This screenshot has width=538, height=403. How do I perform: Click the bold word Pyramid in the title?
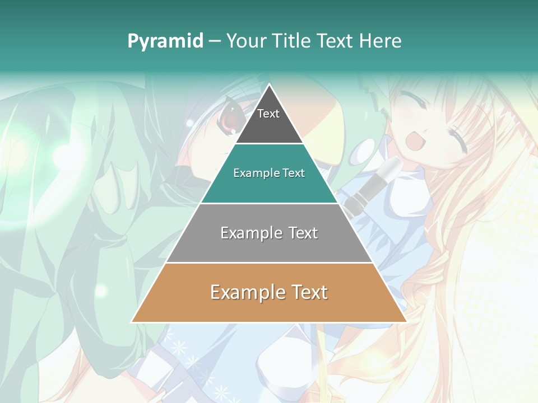165,41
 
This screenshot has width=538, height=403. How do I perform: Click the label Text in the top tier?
268,114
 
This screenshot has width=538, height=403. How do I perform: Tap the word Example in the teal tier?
252,173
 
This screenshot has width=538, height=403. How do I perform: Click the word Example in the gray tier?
245,233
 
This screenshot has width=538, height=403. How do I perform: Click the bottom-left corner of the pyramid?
132,322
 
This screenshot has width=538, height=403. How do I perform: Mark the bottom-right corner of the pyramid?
406,322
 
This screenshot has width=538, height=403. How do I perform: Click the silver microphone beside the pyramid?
372,185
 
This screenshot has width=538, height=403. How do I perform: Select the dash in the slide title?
215,41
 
